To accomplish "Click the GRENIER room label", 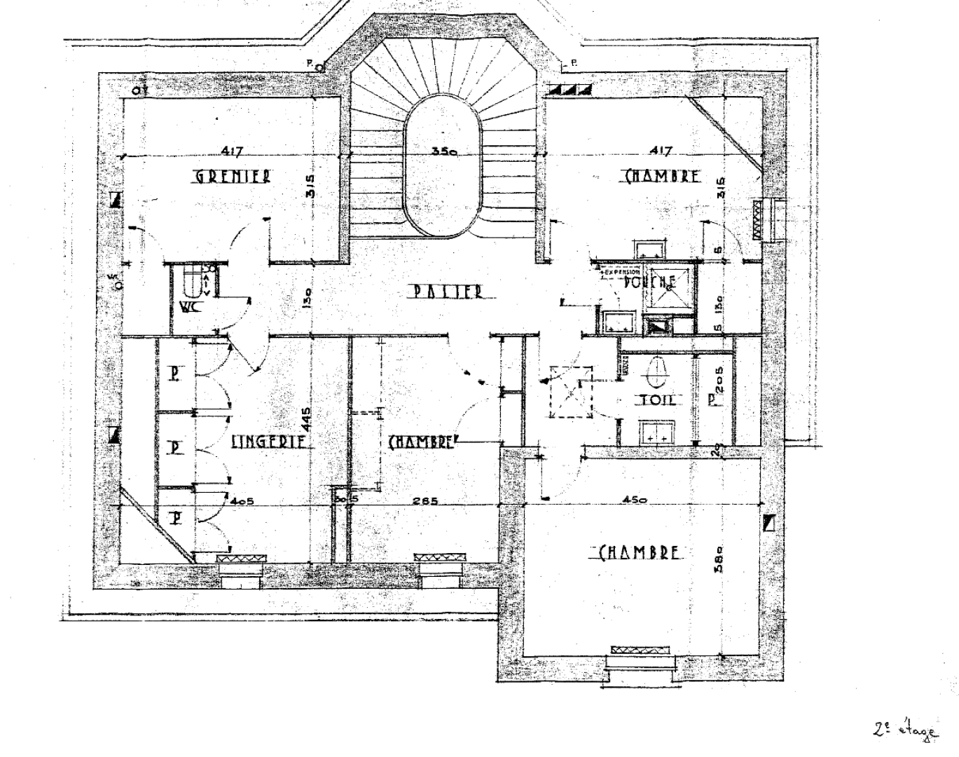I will [x=233, y=176].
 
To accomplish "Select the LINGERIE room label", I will [x=268, y=442].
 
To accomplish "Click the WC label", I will [x=188, y=307].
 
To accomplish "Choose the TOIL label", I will [x=656, y=400].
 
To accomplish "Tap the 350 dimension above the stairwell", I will [x=444, y=151].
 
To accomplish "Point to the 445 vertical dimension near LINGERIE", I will [x=306, y=421].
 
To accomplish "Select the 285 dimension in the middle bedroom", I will [x=425, y=500].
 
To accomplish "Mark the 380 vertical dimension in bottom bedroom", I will [x=722, y=559].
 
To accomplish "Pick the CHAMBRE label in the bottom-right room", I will [x=640, y=552].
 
